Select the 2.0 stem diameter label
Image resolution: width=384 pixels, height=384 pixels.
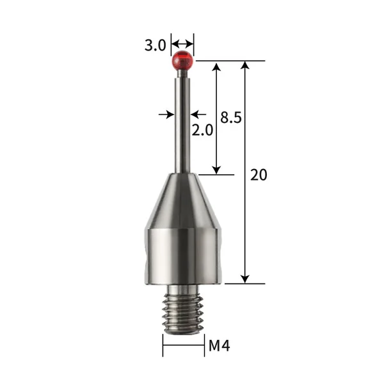point(203,131)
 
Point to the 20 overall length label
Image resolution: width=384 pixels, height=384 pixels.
point(259,175)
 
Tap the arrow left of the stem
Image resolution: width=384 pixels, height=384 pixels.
point(170,114)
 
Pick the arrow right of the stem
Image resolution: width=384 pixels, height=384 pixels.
point(195,114)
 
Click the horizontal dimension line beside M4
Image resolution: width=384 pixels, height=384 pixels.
point(183,347)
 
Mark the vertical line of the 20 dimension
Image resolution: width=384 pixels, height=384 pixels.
point(245,128)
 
